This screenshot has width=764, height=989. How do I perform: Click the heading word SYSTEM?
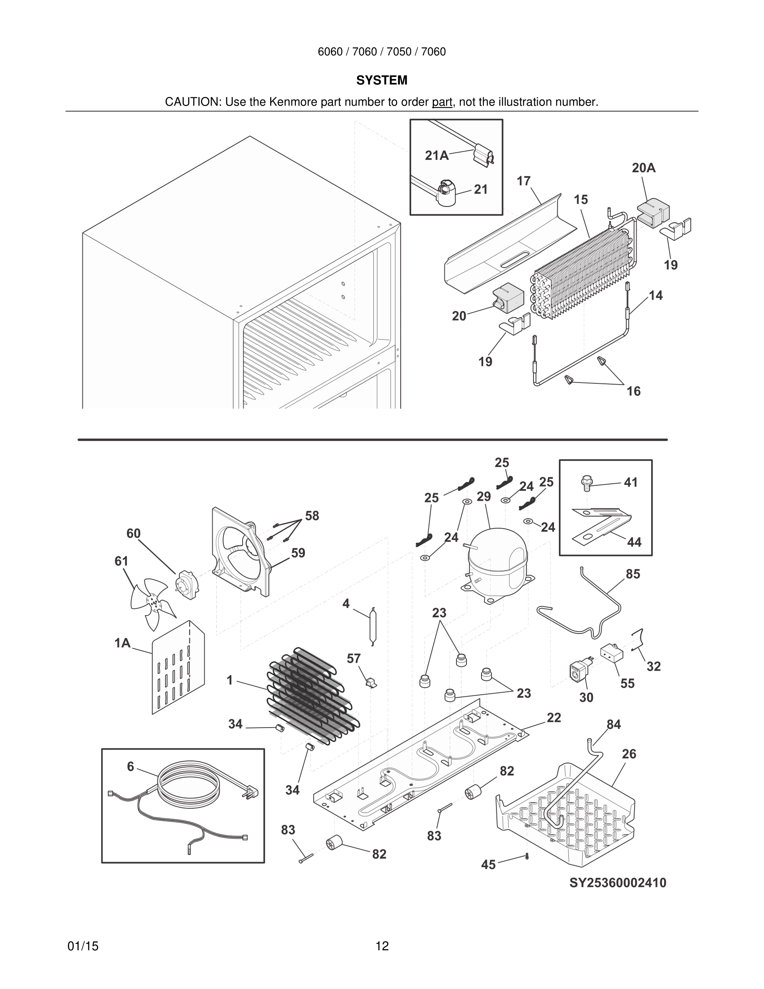(x=382, y=80)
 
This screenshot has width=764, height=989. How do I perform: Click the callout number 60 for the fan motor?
(x=134, y=534)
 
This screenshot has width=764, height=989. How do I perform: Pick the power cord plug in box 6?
(x=250, y=792)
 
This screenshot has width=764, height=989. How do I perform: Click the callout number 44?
(x=634, y=542)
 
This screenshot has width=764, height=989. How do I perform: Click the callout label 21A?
(x=437, y=156)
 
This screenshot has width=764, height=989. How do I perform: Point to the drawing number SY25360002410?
(x=618, y=882)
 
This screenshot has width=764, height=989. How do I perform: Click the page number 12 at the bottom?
(x=382, y=946)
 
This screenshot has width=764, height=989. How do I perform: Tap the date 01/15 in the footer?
(x=83, y=946)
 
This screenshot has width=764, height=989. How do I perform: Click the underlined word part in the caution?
(x=442, y=102)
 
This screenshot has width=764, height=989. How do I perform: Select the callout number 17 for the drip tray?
(x=523, y=181)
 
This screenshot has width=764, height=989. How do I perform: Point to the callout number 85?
(x=633, y=574)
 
